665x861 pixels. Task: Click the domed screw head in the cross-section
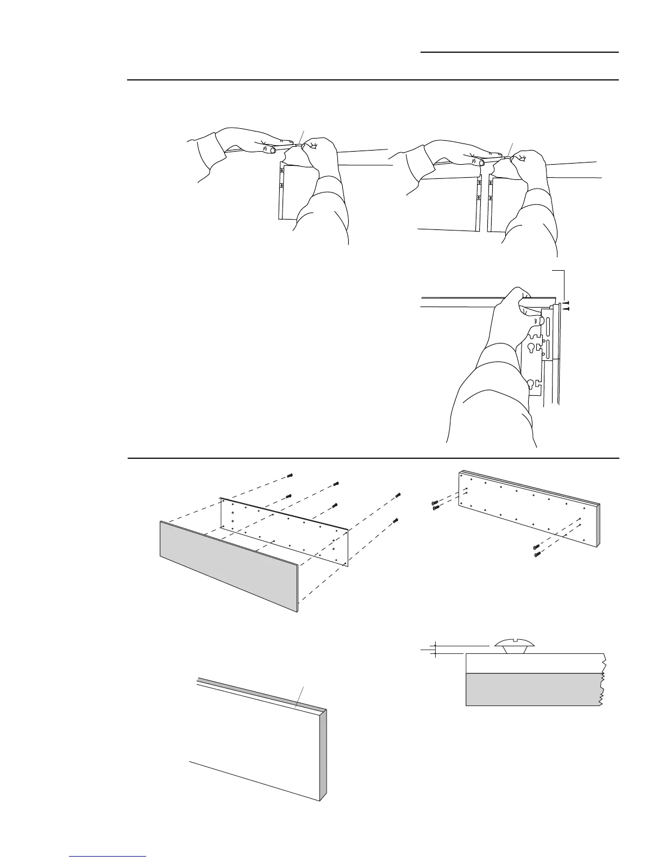[515, 644]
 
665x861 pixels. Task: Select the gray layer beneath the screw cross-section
[532, 689]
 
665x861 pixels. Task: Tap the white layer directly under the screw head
[532, 663]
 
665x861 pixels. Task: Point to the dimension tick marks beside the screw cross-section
[434, 649]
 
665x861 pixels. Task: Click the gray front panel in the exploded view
[228, 565]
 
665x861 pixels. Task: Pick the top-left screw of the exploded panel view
[289, 476]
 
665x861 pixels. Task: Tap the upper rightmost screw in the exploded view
[398, 495]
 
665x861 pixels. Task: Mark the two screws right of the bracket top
[566, 305]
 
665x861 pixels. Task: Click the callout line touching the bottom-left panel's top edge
[299, 696]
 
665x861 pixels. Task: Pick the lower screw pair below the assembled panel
[536, 550]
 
